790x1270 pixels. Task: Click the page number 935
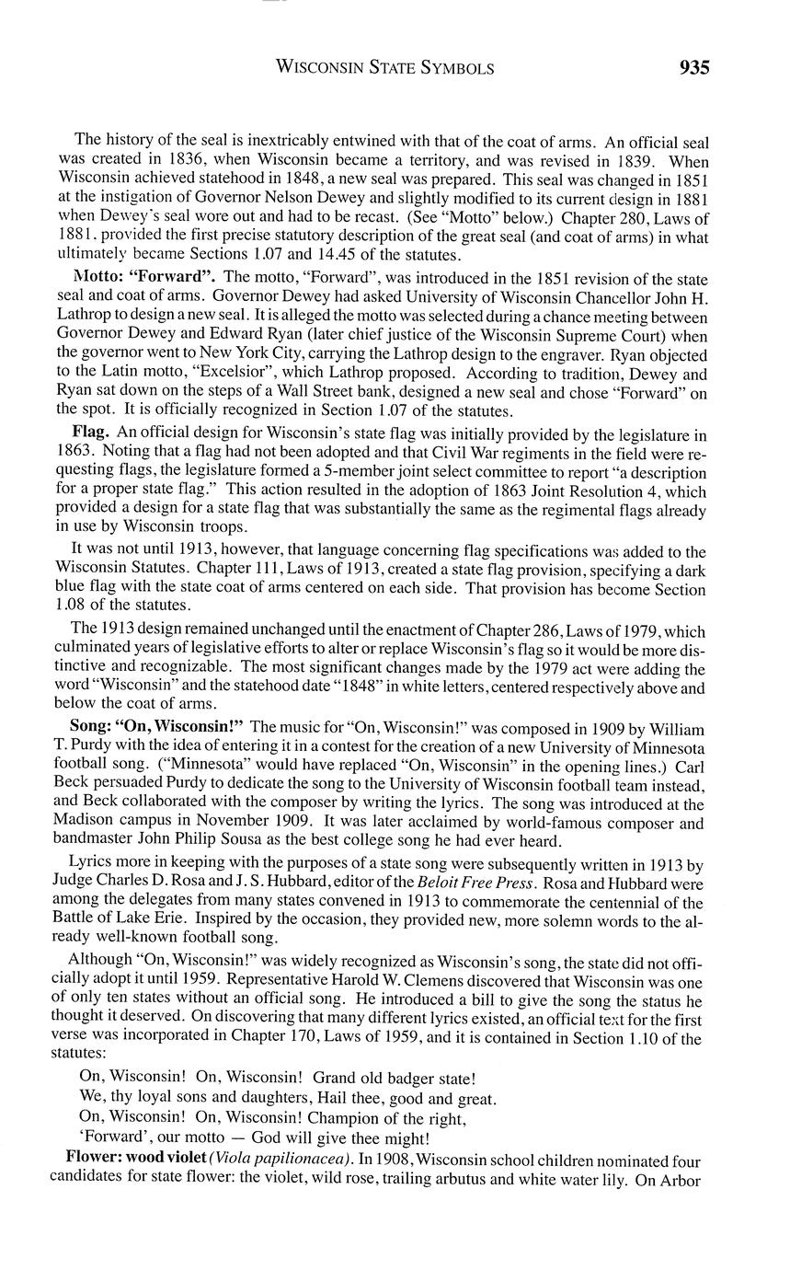pyautogui.click(x=694, y=67)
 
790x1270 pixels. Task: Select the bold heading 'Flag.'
pyautogui.click(x=92, y=432)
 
